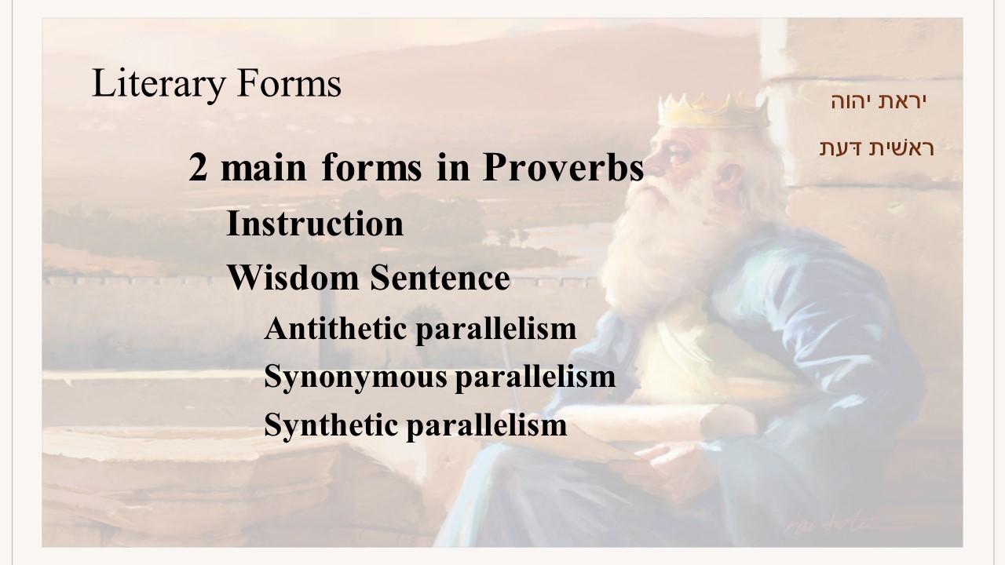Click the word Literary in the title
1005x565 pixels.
(159, 84)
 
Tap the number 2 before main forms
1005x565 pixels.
(198, 167)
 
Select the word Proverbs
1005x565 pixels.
(563, 167)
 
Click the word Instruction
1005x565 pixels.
(315, 224)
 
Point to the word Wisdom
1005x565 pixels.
(294, 278)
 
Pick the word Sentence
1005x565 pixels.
(440, 278)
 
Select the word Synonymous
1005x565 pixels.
(356, 377)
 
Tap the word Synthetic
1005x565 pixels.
(331, 426)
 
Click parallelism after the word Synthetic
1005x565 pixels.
(487, 426)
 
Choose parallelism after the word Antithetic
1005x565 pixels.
(496, 330)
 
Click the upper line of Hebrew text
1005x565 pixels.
(879, 101)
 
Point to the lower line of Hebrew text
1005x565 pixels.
(877, 148)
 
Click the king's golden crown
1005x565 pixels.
(714, 111)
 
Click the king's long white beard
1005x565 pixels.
(664, 251)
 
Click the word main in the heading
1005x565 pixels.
(264, 167)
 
